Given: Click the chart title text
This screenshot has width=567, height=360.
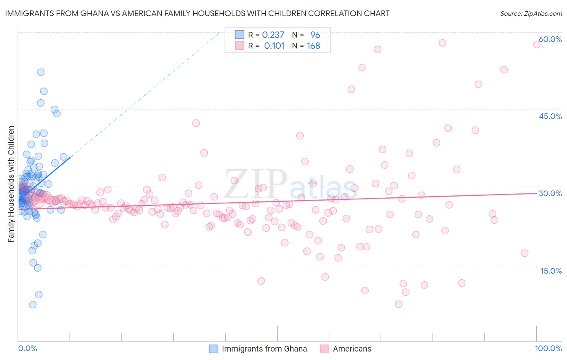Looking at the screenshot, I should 197,13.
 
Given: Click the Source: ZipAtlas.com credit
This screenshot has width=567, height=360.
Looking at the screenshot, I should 531,13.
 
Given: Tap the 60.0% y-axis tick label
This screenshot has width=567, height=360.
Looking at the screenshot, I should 550,39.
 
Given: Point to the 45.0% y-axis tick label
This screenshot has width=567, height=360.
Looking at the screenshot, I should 550,116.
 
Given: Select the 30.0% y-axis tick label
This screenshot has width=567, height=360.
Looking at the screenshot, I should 550,193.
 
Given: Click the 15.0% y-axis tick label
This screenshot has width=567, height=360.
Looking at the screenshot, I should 551,271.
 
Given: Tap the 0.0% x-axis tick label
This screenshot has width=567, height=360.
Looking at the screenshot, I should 27,348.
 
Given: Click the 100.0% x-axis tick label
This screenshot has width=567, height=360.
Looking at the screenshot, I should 548,348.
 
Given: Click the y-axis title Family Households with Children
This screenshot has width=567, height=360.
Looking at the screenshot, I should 11,184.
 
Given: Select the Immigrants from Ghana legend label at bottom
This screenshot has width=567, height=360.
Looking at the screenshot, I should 264,349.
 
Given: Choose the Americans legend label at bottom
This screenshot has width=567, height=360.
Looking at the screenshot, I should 352,349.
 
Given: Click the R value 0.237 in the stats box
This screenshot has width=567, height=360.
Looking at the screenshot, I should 273,35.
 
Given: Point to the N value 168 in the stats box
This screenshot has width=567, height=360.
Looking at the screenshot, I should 313,46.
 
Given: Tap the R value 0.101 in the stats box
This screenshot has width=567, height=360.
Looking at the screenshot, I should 274,46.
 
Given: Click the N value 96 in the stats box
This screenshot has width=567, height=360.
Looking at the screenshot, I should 315,35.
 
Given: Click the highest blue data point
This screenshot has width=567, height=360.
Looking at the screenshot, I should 41,72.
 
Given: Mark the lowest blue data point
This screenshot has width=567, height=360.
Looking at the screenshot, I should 33,305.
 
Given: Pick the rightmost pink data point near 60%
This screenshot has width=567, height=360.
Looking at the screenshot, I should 537,44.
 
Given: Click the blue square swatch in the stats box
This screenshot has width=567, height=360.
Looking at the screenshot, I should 240,35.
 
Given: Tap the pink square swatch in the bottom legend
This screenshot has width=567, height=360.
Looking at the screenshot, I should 324,349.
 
